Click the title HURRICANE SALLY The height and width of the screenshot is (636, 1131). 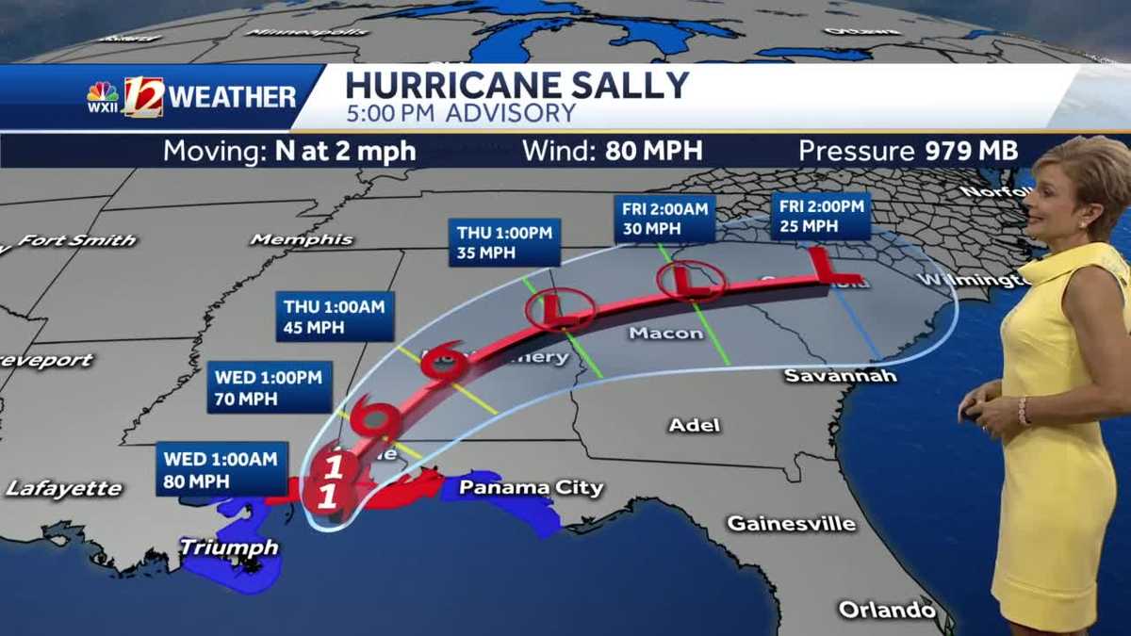coord(517,85)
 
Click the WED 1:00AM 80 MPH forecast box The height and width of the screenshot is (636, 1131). coord(221,468)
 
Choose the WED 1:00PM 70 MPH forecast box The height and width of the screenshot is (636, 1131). coord(268,387)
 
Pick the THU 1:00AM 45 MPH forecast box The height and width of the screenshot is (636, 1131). coord(338,317)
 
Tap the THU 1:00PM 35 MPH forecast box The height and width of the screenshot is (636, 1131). coord(505,242)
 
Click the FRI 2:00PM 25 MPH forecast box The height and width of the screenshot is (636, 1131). coord(820,216)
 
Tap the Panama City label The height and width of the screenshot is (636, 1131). coord(531,487)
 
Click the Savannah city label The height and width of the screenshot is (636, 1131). coord(840,376)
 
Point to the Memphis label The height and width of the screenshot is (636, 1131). coord(302,240)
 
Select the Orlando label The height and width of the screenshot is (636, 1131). coord(887,610)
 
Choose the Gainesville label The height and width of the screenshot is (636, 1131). coord(792,523)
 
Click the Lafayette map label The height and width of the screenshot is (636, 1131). coord(64,488)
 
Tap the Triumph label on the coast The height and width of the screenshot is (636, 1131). coord(229,546)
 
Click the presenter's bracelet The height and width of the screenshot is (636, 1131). coord(1024,410)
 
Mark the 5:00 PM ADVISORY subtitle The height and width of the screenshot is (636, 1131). coord(460,114)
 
